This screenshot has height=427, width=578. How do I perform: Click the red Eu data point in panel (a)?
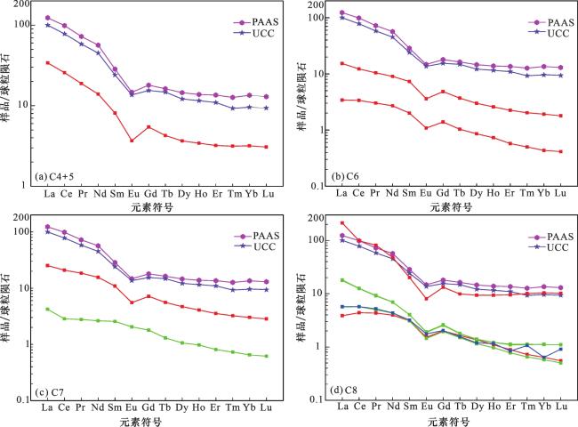tap(132, 141)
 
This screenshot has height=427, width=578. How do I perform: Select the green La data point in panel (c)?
tap(47, 309)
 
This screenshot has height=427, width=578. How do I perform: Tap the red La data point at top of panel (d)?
tap(342, 223)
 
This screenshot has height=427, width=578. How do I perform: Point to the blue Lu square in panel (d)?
tap(559, 349)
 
